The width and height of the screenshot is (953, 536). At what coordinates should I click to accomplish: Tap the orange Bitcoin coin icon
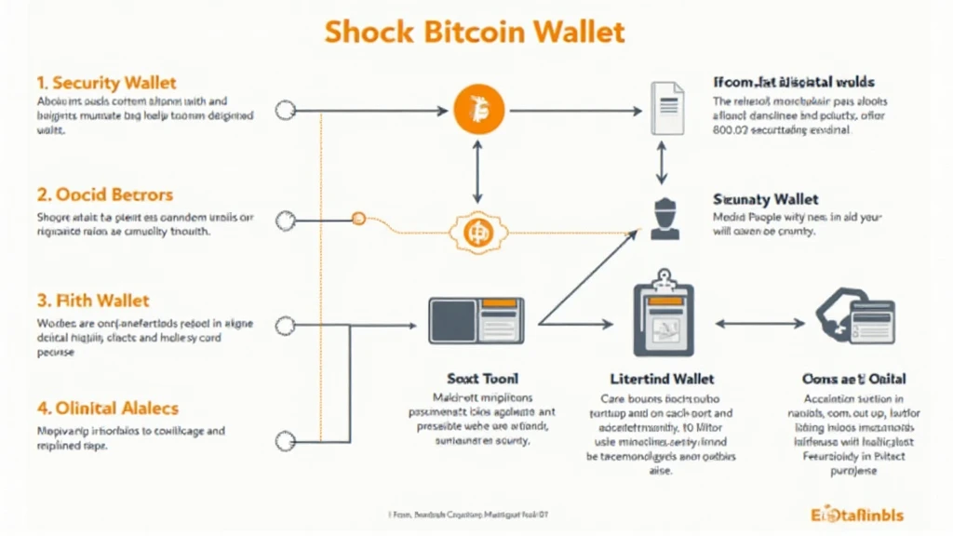477,111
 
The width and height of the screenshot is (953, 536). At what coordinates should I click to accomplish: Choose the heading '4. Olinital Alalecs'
107,408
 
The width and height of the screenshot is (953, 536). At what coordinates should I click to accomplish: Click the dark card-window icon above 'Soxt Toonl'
476,319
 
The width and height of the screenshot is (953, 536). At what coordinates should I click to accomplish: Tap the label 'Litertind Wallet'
662,379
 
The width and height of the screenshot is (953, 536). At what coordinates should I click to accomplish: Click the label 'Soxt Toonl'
476,379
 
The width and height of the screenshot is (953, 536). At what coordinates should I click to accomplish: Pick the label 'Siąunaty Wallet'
765,199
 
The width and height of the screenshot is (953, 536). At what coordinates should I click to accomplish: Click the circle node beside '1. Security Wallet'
286,111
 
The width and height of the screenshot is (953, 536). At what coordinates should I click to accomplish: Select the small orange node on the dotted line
356,219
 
